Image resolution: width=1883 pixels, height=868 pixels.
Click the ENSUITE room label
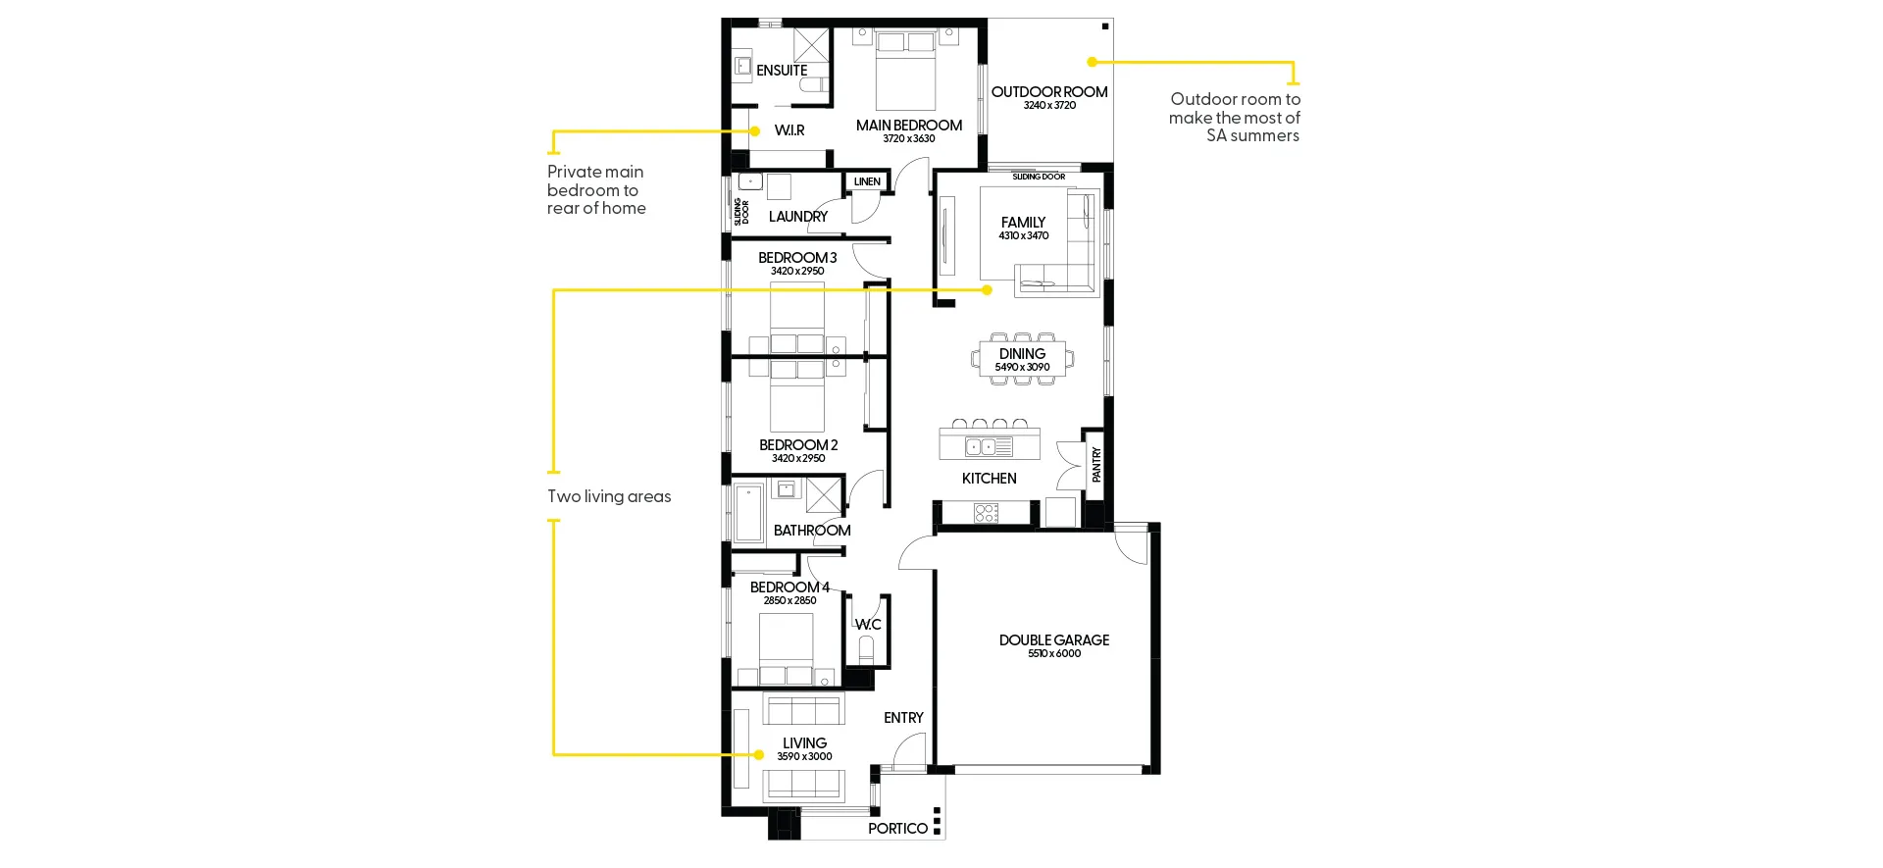coord(782,71)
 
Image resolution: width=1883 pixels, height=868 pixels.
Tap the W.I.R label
coord(789,130)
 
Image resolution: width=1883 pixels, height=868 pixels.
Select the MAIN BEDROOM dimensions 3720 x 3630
coord(909,139)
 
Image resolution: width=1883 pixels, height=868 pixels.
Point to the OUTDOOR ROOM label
coord(1049,92)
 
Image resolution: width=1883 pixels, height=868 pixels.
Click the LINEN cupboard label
coord(867,181)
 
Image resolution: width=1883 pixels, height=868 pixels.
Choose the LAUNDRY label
coord(798,217)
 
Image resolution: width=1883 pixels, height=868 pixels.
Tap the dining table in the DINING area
coord(1023,359)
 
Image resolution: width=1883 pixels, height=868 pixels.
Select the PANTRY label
coord(1096,465)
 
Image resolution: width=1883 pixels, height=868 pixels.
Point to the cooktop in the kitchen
coord(986,513)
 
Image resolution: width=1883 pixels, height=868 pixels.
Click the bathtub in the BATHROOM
coord(749,512)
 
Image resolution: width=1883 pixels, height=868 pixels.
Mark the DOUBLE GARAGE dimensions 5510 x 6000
coord(1054,654)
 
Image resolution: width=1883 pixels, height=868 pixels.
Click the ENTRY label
coord(903,718)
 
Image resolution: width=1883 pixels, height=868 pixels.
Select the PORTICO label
coord(897,829)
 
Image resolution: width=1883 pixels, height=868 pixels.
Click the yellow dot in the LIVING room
coord(759,754)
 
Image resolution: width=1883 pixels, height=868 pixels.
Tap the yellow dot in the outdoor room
coord(1093,62)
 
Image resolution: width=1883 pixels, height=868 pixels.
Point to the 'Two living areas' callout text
coord(609,496)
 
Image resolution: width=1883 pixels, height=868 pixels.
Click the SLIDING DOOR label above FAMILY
coord(1039,178)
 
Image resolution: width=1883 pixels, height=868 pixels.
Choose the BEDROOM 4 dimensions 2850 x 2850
coord(790,601)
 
